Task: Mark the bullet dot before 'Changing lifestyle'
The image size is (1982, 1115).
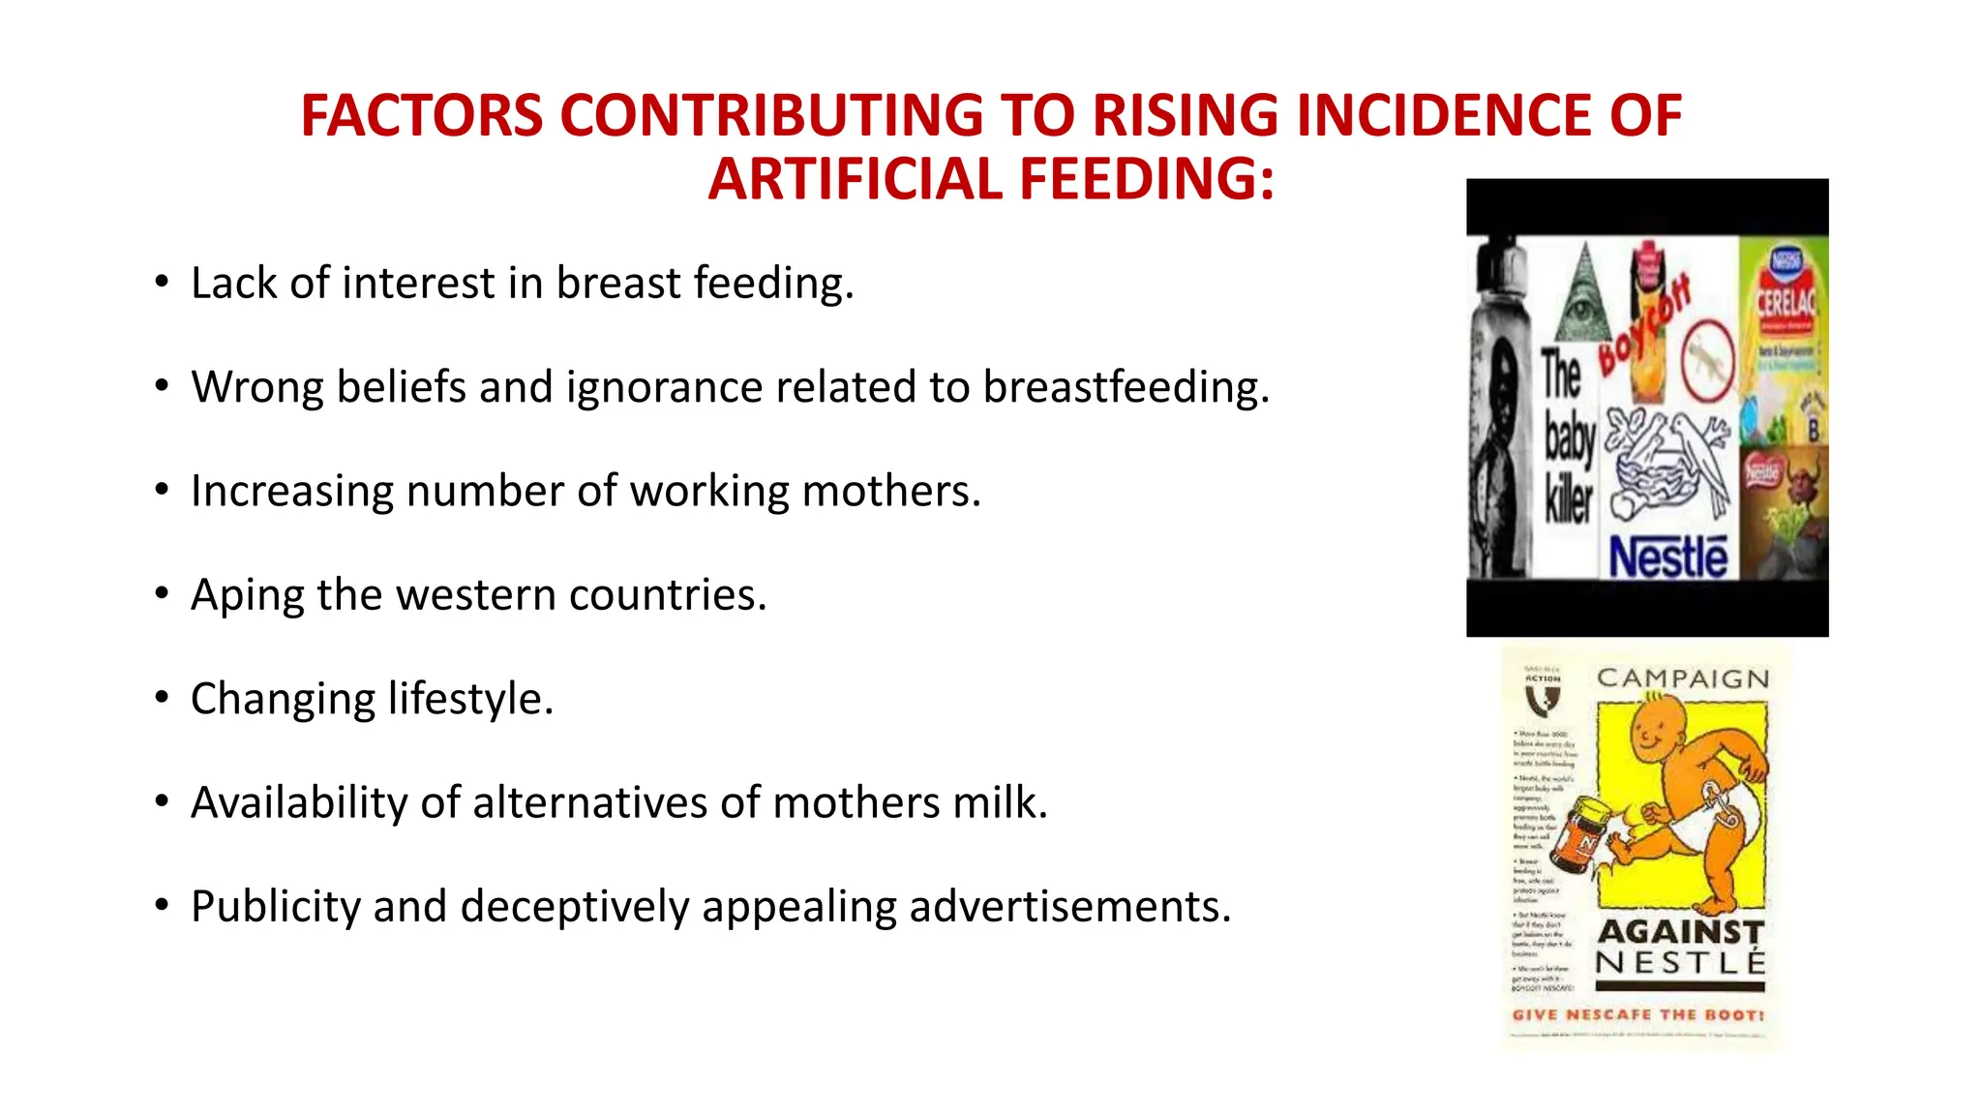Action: coord(162,698)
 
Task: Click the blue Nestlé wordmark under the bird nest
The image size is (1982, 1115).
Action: coord(1667,558)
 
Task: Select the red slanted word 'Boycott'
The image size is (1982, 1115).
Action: coord(1644,325)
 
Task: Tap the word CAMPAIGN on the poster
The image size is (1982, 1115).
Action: coord(1683,678)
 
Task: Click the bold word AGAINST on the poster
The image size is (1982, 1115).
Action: coord(1681,931)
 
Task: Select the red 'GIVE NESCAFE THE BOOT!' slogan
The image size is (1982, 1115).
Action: coord(1638,1015)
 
